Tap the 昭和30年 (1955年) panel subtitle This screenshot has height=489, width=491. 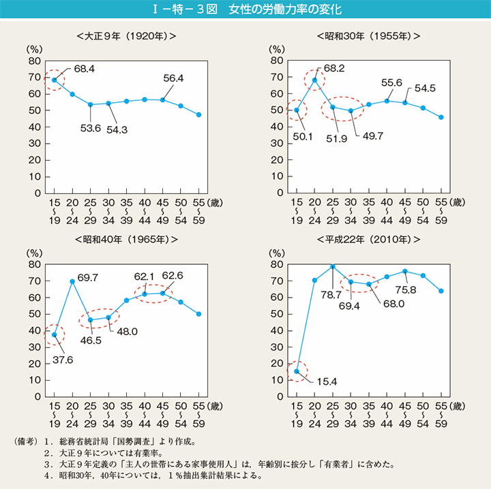click(x=369, y=35)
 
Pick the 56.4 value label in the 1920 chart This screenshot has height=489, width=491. click(x=174, y=78)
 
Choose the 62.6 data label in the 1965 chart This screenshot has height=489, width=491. click(x=173, y=277)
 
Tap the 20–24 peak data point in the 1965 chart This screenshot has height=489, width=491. click(x=72, y=281)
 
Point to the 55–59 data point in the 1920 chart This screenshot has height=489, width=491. click(x=199, y=114)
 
